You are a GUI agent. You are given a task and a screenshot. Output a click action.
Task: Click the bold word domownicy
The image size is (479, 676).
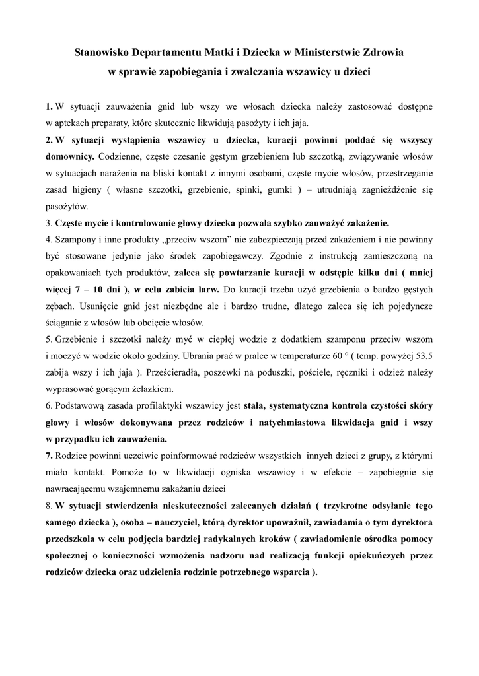(x=70, y=156)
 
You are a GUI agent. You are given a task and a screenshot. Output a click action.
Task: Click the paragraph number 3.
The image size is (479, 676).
(x=48, y=222)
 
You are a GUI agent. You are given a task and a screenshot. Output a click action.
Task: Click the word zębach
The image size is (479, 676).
(x=60, y=306)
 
